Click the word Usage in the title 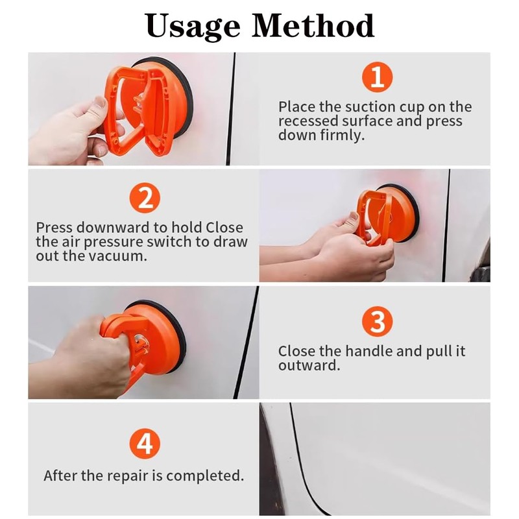[193, 27]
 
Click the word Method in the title [313, 25]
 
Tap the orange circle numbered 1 [378, 77]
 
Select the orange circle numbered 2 [145, 198]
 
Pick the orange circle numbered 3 [378, 321]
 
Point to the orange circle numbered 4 [145, 444]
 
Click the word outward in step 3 [309, 366]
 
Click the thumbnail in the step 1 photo [101, 102]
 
